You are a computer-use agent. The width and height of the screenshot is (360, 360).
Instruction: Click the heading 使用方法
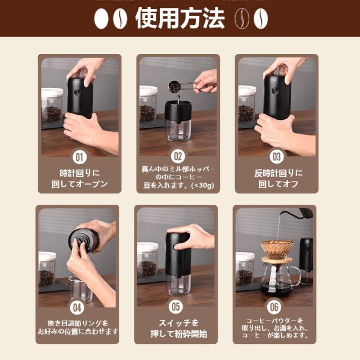[180, 19]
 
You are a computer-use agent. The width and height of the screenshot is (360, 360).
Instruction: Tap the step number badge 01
[79, 157]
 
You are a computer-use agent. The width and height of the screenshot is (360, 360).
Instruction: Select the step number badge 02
[178, 156]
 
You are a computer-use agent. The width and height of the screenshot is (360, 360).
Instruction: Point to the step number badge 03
[277, 157]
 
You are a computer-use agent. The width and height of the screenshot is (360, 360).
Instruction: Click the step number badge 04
[77, 308]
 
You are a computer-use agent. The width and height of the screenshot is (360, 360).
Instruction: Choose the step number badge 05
[175, 307]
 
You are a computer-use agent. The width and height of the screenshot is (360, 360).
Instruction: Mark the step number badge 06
[274, 307]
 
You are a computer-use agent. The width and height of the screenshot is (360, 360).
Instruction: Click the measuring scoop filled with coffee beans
[174, 87]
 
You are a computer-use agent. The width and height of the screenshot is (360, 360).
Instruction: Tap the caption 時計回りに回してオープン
[79, 179]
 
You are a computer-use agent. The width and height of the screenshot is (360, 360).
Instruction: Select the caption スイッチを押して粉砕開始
[178, 328]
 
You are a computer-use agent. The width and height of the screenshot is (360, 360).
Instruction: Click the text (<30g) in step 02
[202, 185]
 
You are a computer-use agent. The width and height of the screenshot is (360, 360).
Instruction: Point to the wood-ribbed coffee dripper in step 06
[277, 250]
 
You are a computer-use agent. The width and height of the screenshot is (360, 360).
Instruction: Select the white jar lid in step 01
[52, 92]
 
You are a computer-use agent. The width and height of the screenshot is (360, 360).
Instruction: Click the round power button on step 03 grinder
[275, 91]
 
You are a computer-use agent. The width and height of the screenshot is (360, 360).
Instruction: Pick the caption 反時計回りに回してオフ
[278, 179]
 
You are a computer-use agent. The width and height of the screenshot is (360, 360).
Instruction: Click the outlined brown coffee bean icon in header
[242, 19]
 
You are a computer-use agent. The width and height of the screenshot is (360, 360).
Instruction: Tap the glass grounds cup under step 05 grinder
[178, 284]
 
